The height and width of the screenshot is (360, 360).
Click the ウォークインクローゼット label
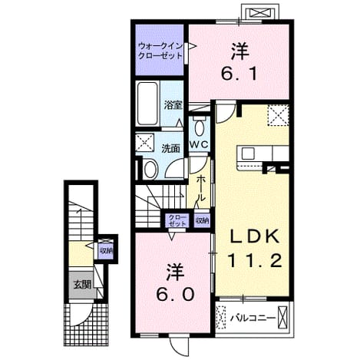click(160, 51)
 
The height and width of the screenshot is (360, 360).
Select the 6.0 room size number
click(174, 295)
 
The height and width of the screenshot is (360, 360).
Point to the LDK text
click(254, 237)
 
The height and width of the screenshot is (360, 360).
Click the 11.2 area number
click(254, 260)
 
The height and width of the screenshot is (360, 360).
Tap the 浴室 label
click(173, 105)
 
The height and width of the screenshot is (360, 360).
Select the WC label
click(200, 145)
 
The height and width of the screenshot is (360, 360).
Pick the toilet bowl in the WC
click(200, 127)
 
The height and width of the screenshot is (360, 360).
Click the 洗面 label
click(170, 148)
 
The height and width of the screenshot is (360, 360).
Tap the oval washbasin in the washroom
click(150, 169)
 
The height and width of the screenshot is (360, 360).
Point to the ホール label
click(201, 188)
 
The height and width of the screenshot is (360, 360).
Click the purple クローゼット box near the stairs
click(177, 220)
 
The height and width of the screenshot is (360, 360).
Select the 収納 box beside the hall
click(202, 220)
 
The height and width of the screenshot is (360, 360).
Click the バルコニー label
click(253, 319)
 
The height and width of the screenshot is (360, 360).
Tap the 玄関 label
click(82, 285)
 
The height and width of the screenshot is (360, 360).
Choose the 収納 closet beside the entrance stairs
click(106, 249)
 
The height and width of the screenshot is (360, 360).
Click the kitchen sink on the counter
click(248, 154)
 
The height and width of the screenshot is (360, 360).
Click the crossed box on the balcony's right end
click(282, 317)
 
